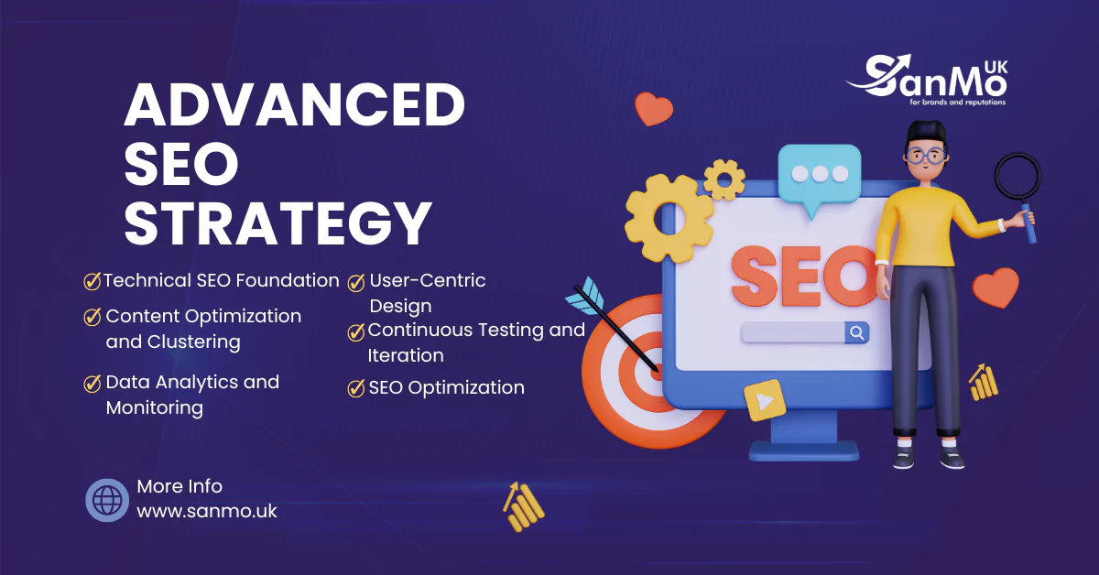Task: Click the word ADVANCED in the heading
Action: (x=295, y=105)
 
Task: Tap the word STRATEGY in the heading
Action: (x=277, y=222)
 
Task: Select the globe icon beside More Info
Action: (x=107, y=500)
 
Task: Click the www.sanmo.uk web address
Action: (x=207, y=511)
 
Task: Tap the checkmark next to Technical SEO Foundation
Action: (x=92, y=281)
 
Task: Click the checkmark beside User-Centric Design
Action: (x=356, y=282)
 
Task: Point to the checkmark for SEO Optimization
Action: (x=356, y=388)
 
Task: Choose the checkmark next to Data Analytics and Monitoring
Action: (x=92, y=383)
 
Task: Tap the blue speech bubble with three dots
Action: (x=819, y=177)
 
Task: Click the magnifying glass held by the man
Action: (x=1017, y=179)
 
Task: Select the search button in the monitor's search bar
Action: (x=856, y=332)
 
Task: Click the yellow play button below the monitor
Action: (x=764, y=400)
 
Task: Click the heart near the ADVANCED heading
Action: (x=653, y=108)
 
